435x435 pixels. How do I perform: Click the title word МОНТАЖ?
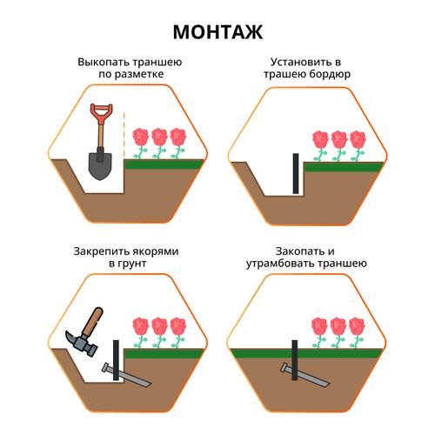(217, 32)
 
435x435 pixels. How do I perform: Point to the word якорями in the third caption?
(154, 251)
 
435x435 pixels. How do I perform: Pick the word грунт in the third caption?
(131, 264)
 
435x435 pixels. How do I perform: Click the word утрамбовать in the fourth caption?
(280, 264)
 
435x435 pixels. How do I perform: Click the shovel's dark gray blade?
(100, 166)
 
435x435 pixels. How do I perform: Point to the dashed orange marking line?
(124, 135)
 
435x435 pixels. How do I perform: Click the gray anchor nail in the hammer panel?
(126, 375)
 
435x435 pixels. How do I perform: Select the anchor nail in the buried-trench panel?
(305, 375)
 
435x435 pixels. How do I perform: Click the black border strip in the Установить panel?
(296, 173)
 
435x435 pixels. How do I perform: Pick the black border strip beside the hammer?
(116, 360)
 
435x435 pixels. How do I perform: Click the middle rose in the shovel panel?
(159, 144)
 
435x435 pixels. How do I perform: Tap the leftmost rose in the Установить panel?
(320, 146)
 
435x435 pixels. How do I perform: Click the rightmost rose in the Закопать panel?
(357, 332)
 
